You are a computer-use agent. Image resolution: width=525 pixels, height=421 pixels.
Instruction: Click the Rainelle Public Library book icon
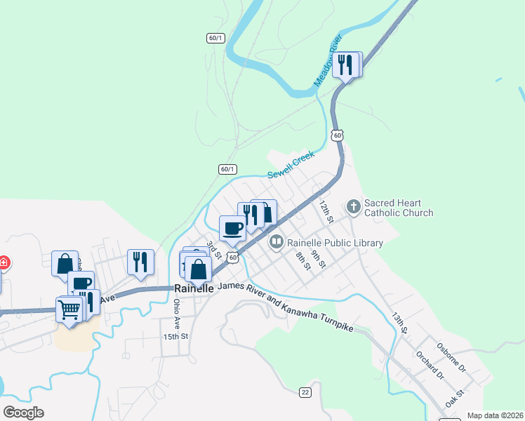click(276, 243)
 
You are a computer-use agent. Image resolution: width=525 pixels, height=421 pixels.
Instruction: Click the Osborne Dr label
click(451, 357)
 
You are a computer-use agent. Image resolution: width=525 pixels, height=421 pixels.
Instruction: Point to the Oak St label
click(455, 400)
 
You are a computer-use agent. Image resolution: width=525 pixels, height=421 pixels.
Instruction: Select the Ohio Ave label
click(177, 314)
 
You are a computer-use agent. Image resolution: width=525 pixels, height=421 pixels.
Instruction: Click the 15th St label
click(175, 337)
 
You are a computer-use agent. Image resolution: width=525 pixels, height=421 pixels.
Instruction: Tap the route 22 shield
click(305, 392)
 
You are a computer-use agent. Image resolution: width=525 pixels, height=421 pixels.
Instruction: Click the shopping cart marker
click(69, 308)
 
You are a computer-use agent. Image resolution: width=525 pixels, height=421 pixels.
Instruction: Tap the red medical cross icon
click(3, 263)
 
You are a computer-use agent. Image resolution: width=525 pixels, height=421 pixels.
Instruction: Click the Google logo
click(23, 413)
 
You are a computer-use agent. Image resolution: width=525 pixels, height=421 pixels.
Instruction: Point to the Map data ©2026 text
click(494, 415)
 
